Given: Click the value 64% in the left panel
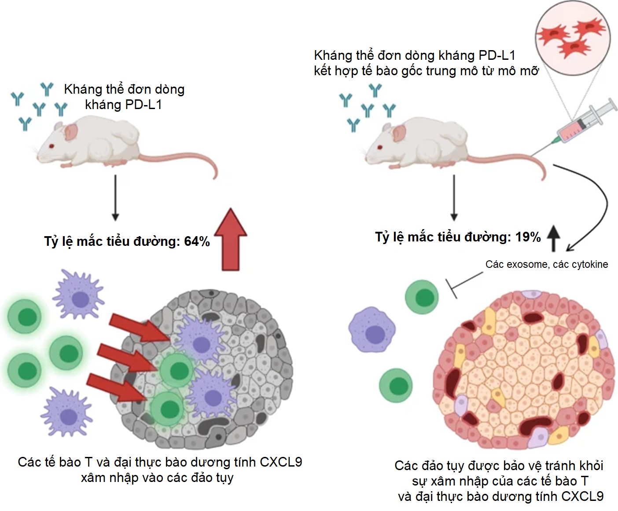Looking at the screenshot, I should coord(197,241).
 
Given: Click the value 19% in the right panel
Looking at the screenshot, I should coord(528,237).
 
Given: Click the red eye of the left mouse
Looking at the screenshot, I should coord(52,146).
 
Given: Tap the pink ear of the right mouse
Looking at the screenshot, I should coord(399,132).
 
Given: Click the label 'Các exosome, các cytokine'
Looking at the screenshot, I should coord(546,264).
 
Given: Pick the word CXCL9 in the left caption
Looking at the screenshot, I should coord(280,462).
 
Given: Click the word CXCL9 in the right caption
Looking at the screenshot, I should coord(581,496).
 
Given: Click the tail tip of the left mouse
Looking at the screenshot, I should coord(215,178).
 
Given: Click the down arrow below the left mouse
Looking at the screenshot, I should coord(115,197).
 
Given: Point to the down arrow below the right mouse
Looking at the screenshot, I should coord(454,197).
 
